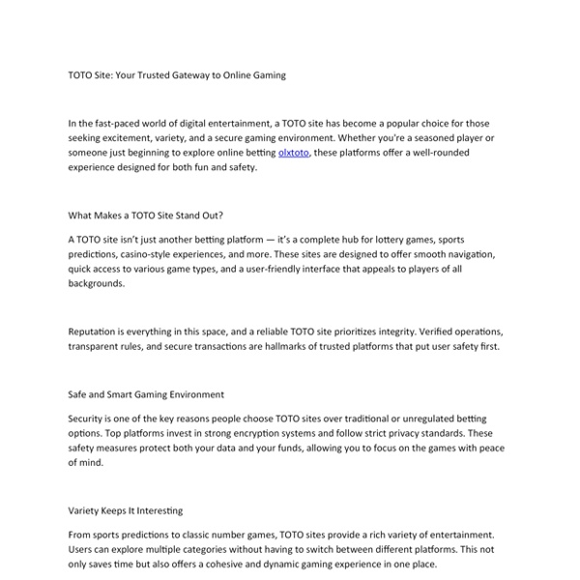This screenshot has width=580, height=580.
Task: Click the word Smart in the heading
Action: (126, 394)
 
